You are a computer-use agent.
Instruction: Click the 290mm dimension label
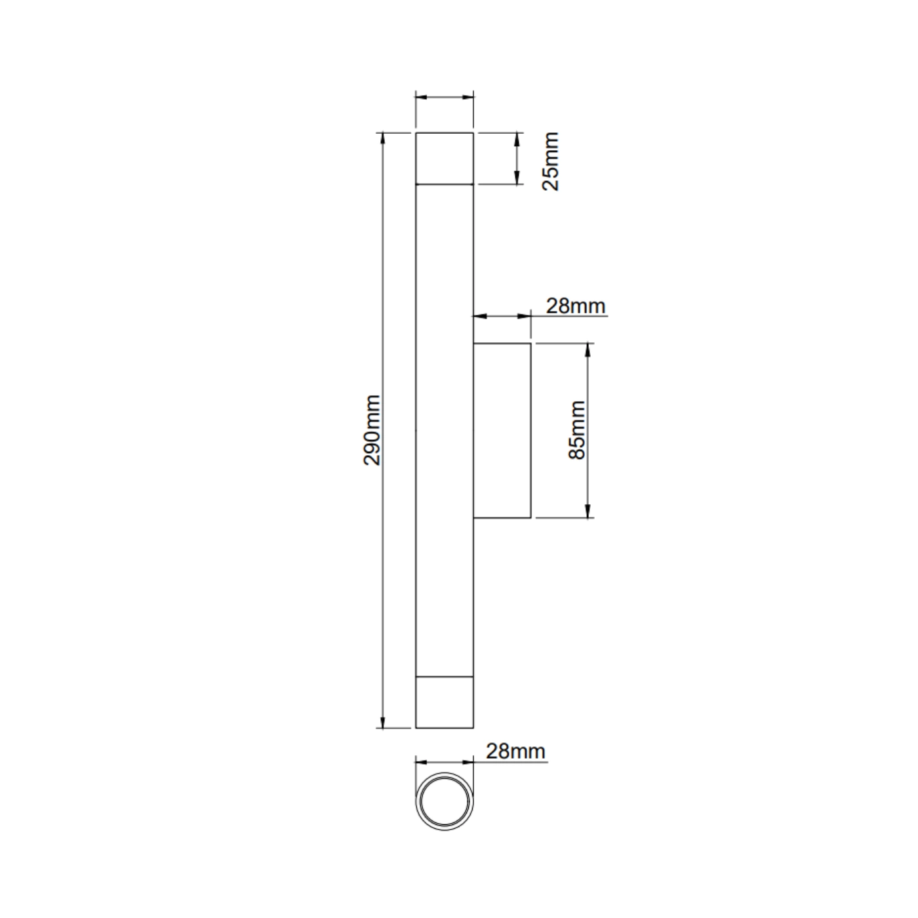[x=372, y=430]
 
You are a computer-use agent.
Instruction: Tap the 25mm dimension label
[x=551, y=161]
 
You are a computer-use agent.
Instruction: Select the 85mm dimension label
[x=577, y=430]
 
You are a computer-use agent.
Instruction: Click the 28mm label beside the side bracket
[x=576, y=306]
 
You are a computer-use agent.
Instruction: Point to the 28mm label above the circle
[x=515, y=751]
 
